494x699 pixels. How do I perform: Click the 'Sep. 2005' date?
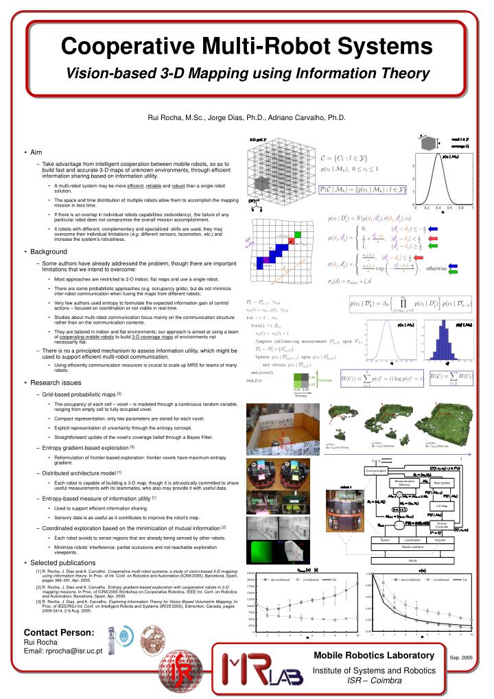(x=461, y=656)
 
